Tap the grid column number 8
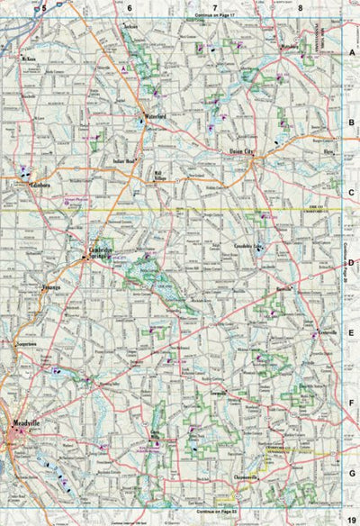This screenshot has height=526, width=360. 300,7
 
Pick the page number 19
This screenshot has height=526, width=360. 350,511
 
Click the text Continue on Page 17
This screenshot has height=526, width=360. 213,16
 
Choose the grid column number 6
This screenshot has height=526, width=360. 130,7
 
